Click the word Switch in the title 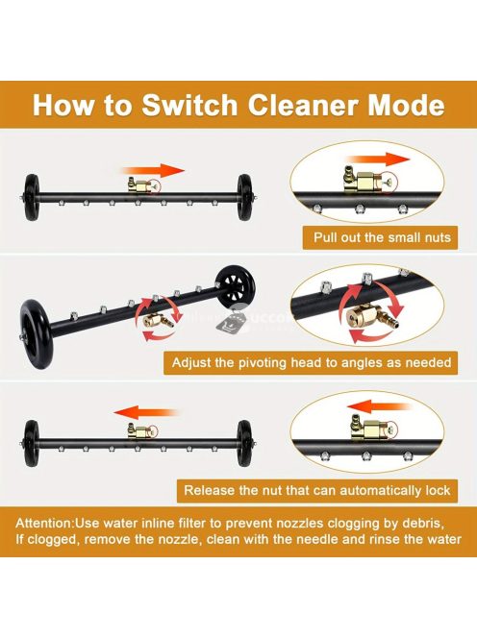189,105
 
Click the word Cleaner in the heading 303,105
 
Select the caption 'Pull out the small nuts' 382,237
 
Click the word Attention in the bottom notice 44,523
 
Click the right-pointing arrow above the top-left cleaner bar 153,171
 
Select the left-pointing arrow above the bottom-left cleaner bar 146,412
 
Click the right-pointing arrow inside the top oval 377,159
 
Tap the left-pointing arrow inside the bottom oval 379,407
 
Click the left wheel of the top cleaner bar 32,198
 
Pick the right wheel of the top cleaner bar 245,198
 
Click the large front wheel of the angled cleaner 37,333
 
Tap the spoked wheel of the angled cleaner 235,287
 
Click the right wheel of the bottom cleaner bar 244,444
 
